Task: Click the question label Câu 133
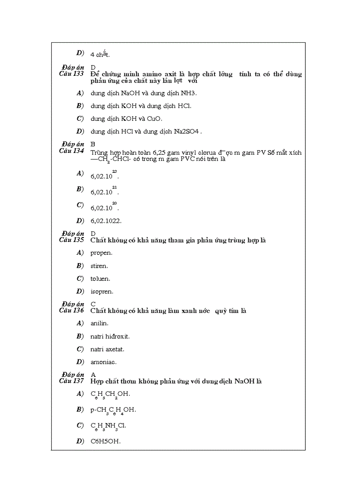(x=71, y=74)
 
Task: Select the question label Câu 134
(x=71, y=151)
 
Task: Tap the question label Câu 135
(x=71, y=240)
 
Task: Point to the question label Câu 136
(x=71, y=310)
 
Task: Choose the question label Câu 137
(x=71, y=381)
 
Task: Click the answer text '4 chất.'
(x=100, y=55)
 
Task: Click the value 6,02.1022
(x=106, y=221)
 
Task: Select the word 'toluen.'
(x=100, y=279)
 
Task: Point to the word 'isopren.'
(x=101, y=291)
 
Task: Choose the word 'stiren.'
(x=99, y=266)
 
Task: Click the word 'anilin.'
(x=99, y=323)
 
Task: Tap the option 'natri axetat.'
(x=107, y=349)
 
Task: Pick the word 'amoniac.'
(x=103, y=362)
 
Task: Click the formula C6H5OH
(x=105, y=441)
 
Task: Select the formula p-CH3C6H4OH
(x=113, y=410)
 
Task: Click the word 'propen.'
(x=101, y=253)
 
